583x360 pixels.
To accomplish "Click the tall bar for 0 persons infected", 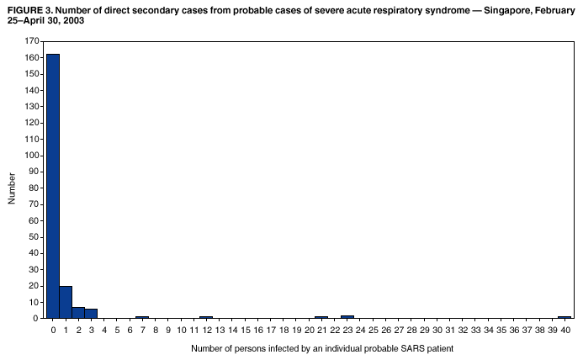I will click(x=52, y=185).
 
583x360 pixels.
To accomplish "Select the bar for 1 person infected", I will click(x=66, y=302).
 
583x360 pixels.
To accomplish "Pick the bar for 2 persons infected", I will click(x=78, y=312).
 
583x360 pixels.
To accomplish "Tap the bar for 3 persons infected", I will click(x=91, y=313).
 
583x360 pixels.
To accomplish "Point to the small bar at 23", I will click(x=347, y=316).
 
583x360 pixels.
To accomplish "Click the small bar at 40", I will click(x=564, y=317).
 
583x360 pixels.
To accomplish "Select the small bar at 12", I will click(x=206, y=317).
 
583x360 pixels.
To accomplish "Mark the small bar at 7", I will click(x=142, y=317).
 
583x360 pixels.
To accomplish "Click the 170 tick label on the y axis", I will click(x=31, y=41).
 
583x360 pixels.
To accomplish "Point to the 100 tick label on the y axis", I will click(x=31, y=155).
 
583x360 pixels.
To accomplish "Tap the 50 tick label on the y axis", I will click(x=34, y=236).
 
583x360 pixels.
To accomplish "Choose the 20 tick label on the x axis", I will click(x=309, y=331).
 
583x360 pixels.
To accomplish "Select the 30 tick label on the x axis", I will click(x=437, y=331).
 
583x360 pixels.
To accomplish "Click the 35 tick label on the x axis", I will click(x=501, y=331).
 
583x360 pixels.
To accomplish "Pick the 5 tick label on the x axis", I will click(x=117, y=331).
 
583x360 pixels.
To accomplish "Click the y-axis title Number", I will click(x=12, y=188).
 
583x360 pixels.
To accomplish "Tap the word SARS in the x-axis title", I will click(x=388, y=348).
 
